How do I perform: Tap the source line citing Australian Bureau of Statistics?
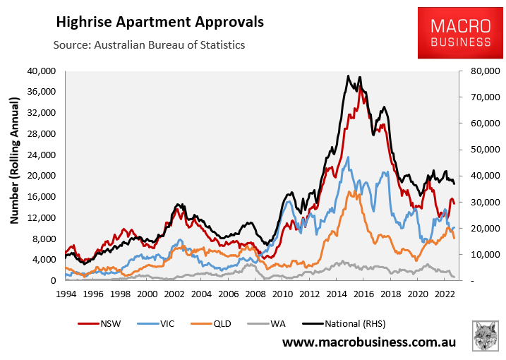coord(149,44)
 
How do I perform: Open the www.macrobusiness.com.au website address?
coord(369,343)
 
